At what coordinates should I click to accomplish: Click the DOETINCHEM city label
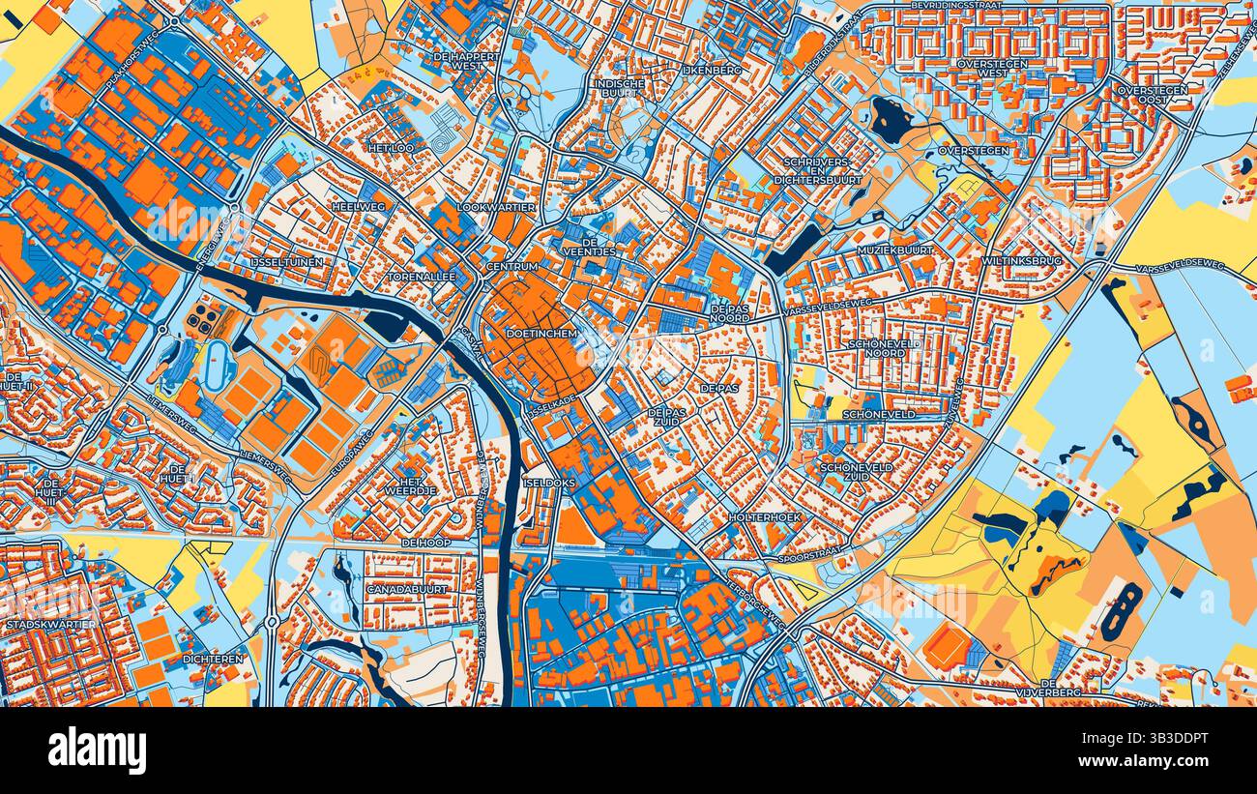[x=541, y=333]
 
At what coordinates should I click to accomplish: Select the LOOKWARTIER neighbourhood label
[x=496, y=208]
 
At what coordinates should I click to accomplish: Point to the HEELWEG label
[x=358, y=207]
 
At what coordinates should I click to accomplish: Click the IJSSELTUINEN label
[x=286, y=262]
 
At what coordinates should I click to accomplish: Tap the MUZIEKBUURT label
[x=892, y=250]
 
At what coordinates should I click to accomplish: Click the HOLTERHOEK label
[x=766, y=517]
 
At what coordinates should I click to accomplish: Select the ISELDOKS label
[x=549, y=481]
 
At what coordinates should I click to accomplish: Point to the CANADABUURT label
[x=406, y=589]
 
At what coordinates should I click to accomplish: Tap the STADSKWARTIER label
[x=51, y=625]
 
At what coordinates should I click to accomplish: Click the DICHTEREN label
[x=213, y=659]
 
